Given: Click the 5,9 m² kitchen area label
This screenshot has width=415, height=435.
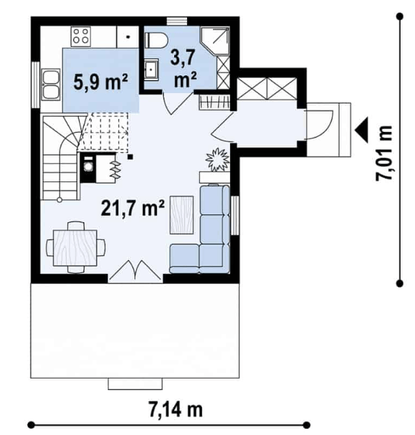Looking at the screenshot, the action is point(101,82).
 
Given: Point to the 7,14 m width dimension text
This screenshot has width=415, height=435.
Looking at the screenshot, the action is point(176,409).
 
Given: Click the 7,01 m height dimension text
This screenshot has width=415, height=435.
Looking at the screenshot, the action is point(384,154).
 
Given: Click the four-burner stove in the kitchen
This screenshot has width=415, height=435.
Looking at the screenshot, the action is point(81,36).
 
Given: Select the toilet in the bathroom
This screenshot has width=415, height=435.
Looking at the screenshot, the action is point(156,39).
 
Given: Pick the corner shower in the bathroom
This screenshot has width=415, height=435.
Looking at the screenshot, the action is point(215,41).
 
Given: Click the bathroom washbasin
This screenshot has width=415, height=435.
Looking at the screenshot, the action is point(152,70).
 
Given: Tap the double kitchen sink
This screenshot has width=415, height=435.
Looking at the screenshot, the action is point(50,84).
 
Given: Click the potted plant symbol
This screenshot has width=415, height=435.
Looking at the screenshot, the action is point(218,160).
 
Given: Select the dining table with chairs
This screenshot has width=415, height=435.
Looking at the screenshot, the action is point(76,247).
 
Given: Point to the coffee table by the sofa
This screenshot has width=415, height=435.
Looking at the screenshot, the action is point(182,215).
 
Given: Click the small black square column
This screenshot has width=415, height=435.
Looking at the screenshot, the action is point(130,157).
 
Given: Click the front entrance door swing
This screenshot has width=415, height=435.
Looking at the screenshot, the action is point(319,124).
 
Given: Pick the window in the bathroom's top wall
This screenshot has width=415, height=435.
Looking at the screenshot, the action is point(177,21).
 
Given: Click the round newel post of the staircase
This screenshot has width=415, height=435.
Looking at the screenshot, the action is point(59,200).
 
